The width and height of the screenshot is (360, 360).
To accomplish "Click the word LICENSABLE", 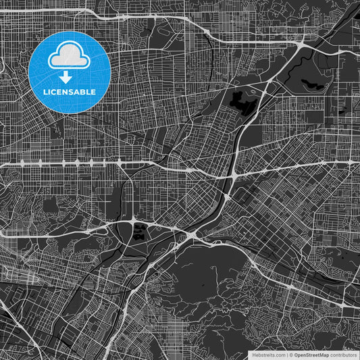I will tap(70, 92).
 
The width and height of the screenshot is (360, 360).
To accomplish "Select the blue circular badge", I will tap(70, 72).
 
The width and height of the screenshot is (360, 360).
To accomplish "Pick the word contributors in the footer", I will tap(343, 354).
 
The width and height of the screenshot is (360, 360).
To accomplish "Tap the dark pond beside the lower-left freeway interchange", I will tap(140, 233).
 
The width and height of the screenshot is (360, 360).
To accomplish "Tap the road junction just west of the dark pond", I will tap(128, 225).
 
